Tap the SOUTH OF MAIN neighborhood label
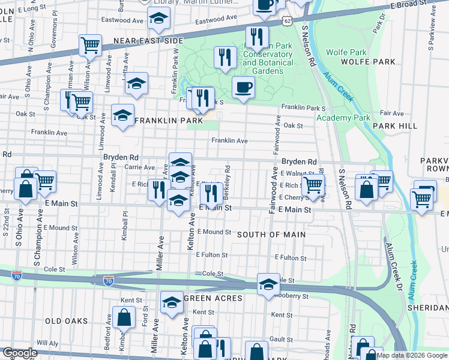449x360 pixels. coord(271,235)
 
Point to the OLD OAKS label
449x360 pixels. coord(70,321)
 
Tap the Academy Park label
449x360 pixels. coord(343,118)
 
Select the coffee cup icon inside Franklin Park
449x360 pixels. coord(243,88)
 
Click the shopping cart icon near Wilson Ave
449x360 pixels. coord(89,44)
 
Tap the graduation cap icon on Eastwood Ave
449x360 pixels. coord(158,20)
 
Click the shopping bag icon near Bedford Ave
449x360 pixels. coord(124,317)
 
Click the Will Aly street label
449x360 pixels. coord(46,343)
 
